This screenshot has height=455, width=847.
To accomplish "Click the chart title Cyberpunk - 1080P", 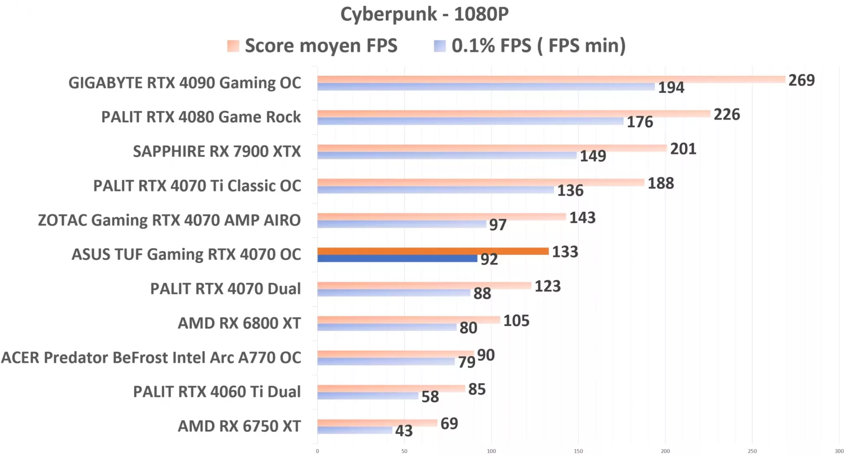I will click(424, 14).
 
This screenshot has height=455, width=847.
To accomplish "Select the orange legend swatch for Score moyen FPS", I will click(233, 46).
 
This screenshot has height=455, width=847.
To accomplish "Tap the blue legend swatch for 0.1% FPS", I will click(440, 46).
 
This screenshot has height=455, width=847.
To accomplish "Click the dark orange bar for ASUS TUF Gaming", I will click(433, 251).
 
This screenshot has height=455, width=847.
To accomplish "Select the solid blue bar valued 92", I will click(397, 259).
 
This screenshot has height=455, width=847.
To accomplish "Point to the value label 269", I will click(801, 80).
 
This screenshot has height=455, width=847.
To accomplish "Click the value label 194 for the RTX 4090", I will click(671, 87).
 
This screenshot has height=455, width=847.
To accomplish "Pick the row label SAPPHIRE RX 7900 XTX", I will click(217, 152).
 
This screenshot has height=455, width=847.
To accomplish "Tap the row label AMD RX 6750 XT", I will click(239, 426).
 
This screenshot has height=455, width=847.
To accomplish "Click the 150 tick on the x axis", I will click(578, 451).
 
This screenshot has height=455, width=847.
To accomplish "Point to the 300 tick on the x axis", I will click(839, 451).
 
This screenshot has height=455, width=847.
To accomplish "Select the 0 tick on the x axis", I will click(317, 451).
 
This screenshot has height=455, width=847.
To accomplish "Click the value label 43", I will click(404, 431).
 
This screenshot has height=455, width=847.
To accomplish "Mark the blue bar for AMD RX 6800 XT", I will click(387, 327).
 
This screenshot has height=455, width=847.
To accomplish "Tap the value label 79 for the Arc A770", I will click(467, 362).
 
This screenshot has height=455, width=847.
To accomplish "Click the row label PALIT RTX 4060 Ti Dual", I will click(217, 392).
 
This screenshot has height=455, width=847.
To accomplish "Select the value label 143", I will click(582, 218).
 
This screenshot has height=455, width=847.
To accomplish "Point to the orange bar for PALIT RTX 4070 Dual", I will click(424, 285).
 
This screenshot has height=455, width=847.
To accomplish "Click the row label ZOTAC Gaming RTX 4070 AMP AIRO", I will click(169, 220).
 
